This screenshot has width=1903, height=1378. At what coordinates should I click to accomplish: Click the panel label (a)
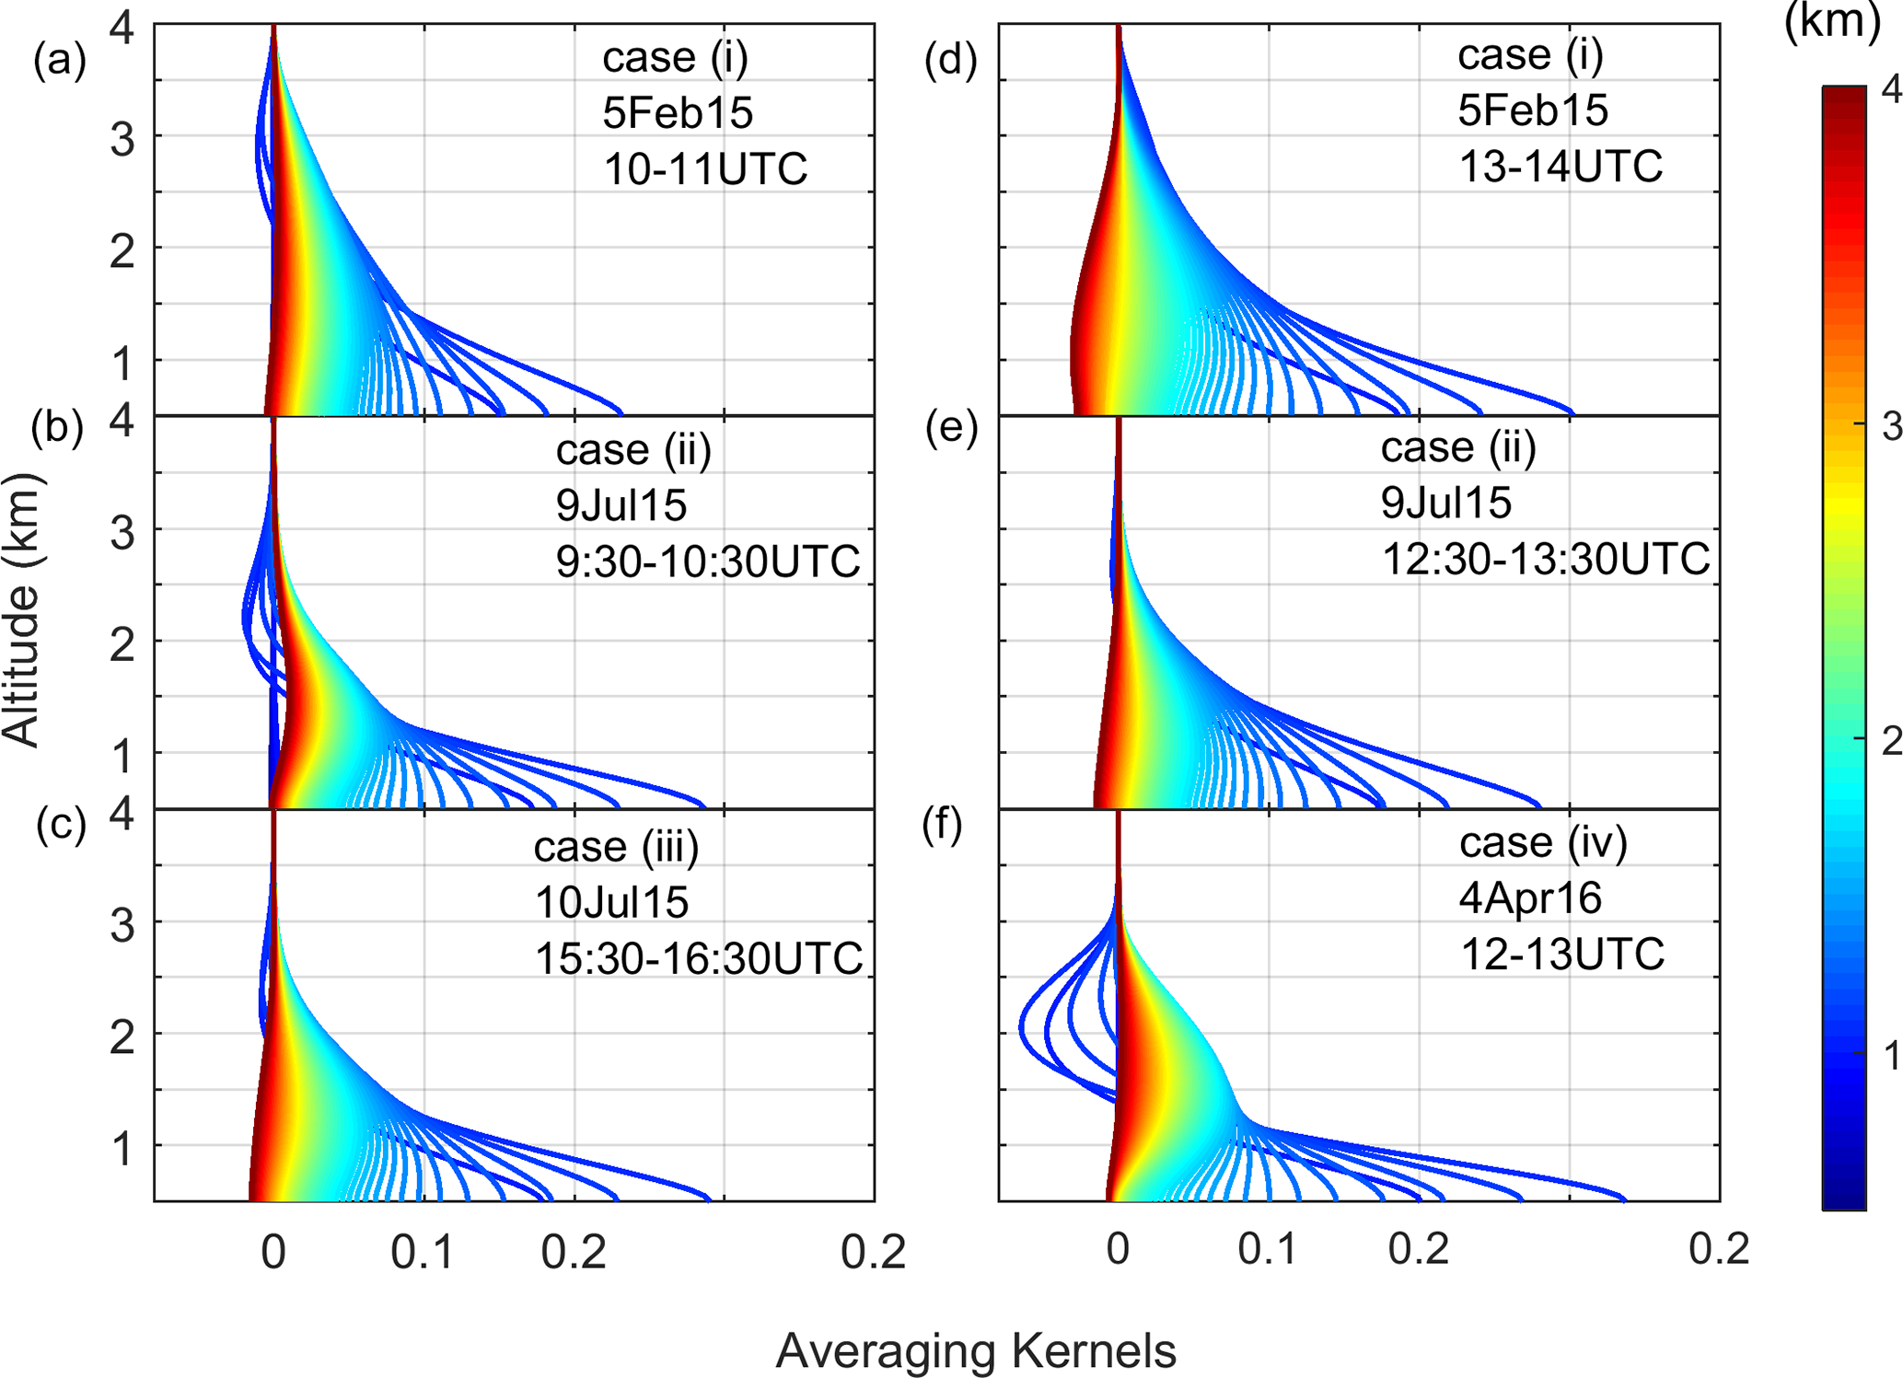(60, 62)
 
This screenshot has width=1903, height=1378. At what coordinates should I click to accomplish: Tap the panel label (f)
(942, 826)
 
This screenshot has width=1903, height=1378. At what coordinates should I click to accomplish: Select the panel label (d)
(950, 62)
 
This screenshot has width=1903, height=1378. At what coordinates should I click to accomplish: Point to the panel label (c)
(61, 826)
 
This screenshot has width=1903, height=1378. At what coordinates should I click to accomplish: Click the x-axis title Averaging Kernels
(975, 1351)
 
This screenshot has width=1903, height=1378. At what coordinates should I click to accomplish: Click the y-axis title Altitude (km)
(22, 609)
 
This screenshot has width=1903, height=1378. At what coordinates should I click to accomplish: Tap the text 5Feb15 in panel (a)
(678, 113)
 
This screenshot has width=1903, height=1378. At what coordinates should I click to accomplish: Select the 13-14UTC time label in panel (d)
(1561, 167)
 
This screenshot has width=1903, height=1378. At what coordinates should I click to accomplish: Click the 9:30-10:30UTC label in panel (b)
(708, 561)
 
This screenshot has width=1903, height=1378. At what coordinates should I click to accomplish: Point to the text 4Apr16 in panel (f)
(1530, 897)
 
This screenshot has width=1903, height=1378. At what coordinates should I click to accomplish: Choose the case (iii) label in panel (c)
(617, 846)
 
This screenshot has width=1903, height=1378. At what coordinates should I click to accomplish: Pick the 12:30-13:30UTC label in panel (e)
(1546, 559)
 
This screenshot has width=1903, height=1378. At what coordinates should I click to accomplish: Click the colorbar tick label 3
(1891, 426)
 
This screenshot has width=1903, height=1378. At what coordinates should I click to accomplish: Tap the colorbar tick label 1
(1891, 1056)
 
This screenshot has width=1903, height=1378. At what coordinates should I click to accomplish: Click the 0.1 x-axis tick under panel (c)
(423, 1251)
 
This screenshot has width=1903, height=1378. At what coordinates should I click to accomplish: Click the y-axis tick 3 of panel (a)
(122, 140)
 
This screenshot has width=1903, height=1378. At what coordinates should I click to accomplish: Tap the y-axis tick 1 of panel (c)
(122, 1150)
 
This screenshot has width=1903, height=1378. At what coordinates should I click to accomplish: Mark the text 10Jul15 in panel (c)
(611, 902)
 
